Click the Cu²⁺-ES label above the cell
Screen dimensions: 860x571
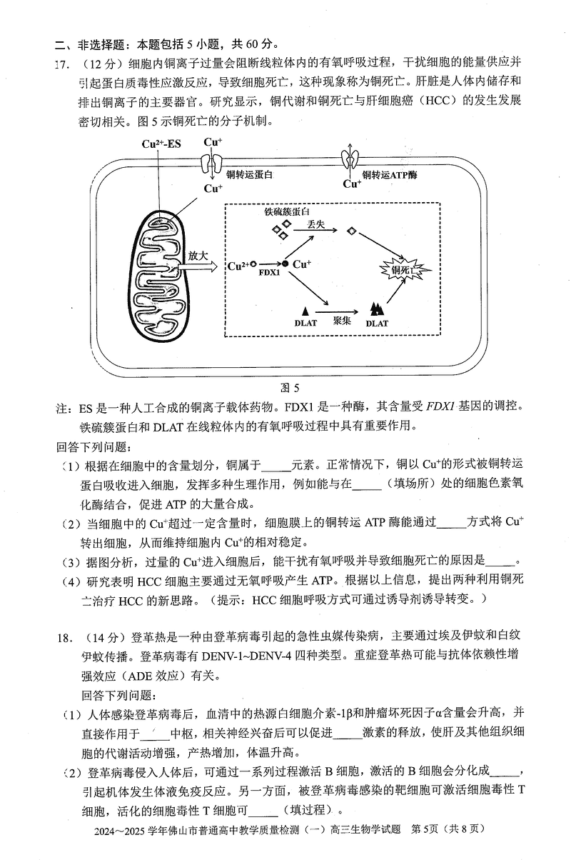tap(162, 144)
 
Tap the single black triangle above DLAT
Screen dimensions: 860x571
tap(305, 311)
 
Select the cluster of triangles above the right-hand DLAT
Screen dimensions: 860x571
tap(376, 309)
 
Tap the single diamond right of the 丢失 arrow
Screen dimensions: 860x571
tap(351, 231)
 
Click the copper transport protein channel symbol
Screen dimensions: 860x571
tap(212, 164)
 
